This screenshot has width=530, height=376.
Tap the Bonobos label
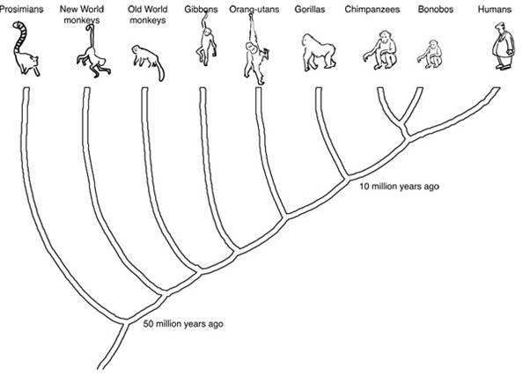coord(435,9)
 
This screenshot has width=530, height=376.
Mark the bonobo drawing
coord(431,55)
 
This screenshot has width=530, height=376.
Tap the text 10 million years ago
coord(399,187)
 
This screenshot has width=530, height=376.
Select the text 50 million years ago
coord(183,324)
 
